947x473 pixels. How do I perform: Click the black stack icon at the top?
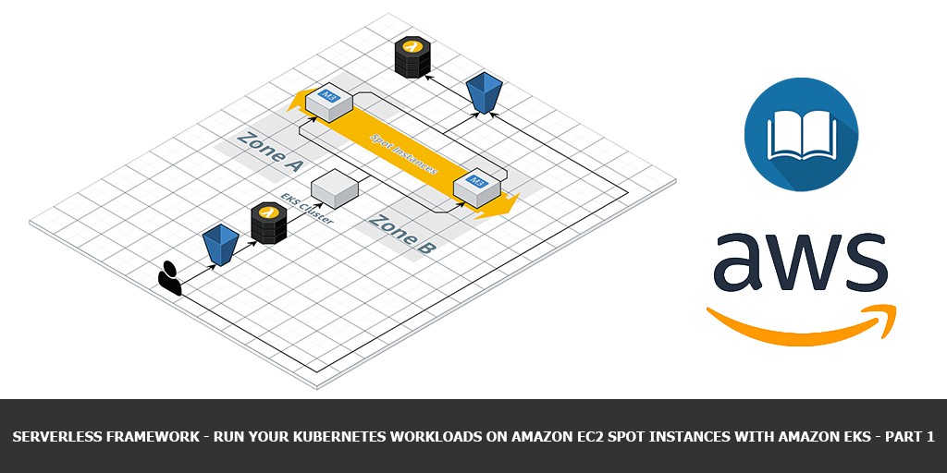point(412,56)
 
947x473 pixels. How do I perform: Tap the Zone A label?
point(270,152)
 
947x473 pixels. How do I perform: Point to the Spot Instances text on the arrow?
point(404,154)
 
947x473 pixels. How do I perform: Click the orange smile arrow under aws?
point(801,323)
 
